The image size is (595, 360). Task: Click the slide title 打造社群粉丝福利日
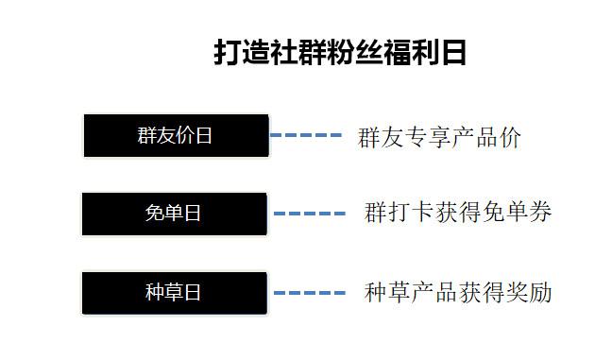340,52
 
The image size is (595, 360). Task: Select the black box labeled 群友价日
176,135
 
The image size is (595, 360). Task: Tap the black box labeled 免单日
174,214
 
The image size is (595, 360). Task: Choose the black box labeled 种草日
174,292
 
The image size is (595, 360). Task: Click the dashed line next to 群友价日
306,136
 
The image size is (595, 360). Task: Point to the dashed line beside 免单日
310,214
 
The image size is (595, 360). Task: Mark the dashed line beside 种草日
310,293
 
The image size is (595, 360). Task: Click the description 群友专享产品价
439,137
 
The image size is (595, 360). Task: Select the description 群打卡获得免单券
458,213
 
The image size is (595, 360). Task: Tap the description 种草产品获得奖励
458,293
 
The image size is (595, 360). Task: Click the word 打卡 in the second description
411,213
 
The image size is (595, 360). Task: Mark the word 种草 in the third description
387,293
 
